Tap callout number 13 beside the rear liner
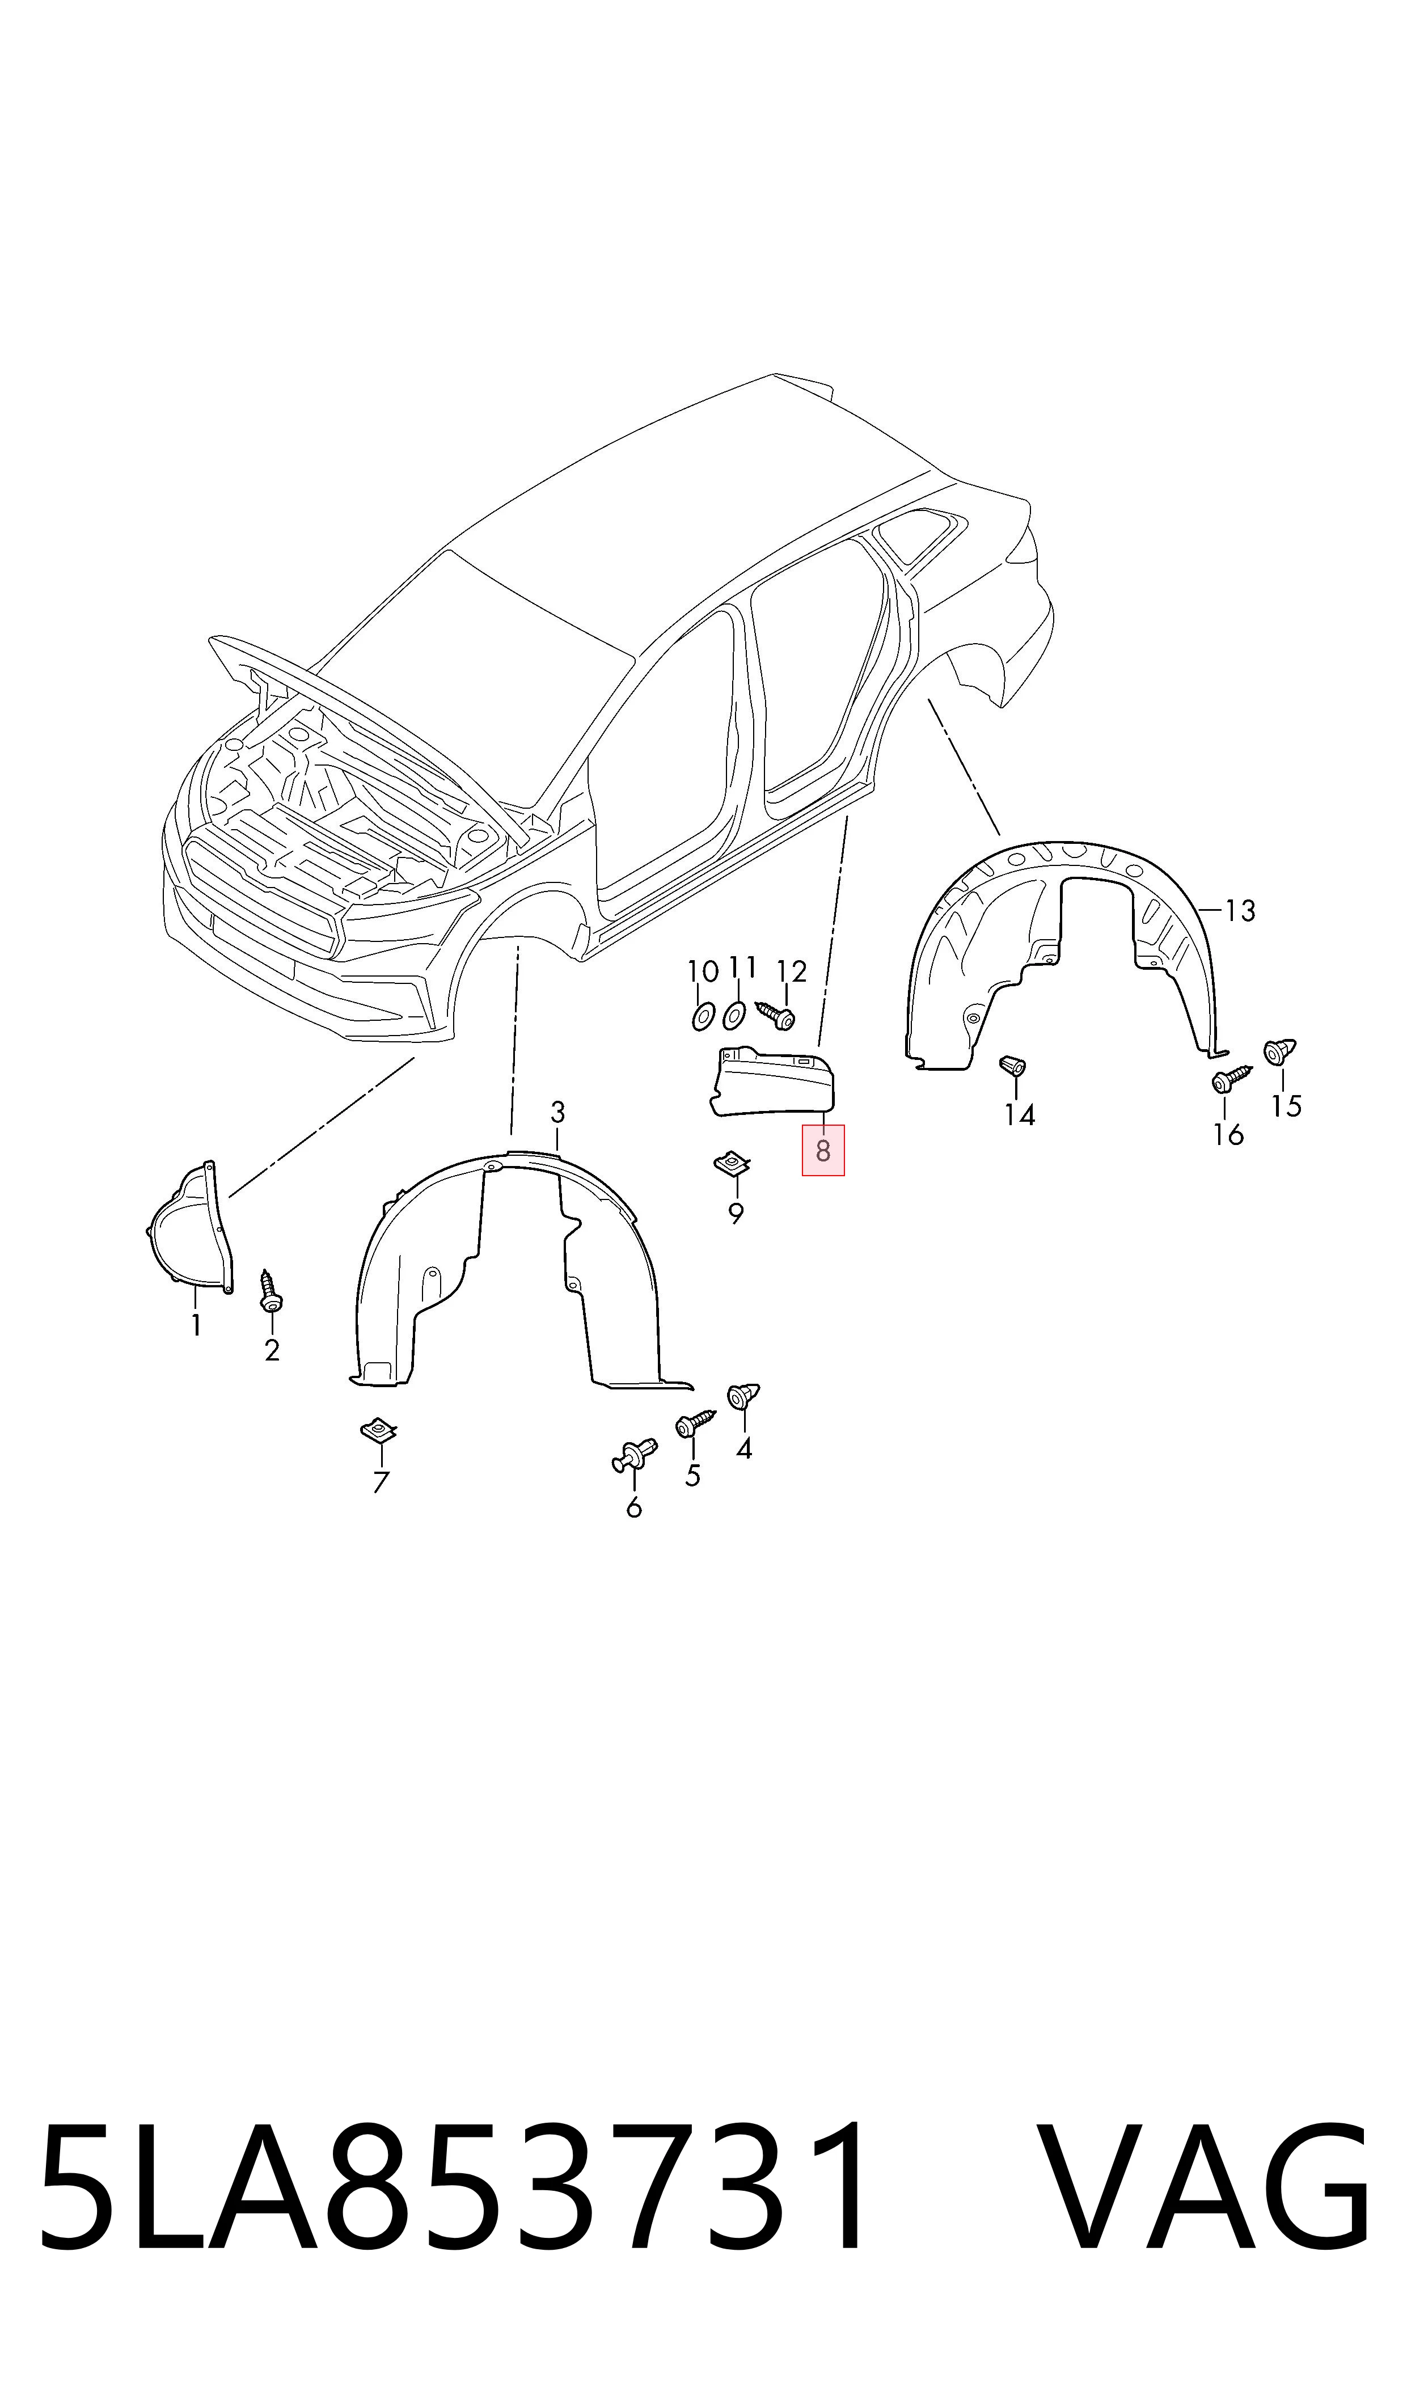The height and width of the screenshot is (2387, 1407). pos(1240,911)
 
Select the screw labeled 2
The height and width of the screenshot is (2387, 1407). pos(270,1290)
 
